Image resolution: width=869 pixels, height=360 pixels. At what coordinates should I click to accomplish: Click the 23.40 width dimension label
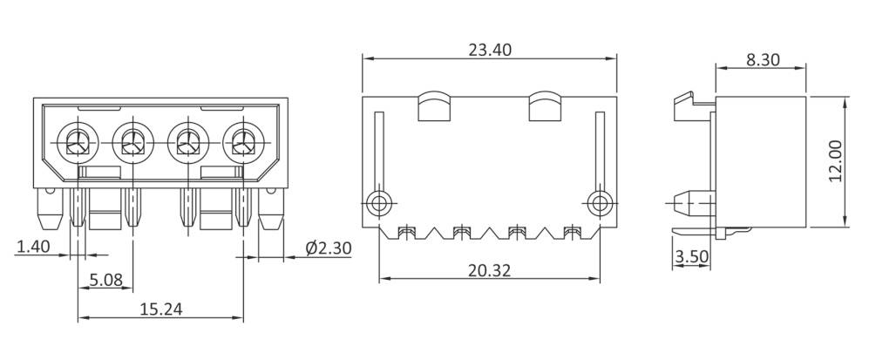click(489, 50)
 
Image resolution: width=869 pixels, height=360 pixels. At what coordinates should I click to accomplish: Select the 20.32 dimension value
click(489, 270)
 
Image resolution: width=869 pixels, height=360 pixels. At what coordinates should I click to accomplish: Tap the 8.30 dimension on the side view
click(763, 60)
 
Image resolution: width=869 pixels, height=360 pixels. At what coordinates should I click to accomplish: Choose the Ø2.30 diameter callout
click(328, 248)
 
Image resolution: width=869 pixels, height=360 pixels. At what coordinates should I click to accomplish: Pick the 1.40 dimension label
click(33, 248)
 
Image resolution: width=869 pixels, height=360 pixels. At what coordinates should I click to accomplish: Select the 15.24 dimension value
click(161, 309)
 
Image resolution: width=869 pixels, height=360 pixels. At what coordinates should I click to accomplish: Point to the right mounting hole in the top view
click(598, 204)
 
